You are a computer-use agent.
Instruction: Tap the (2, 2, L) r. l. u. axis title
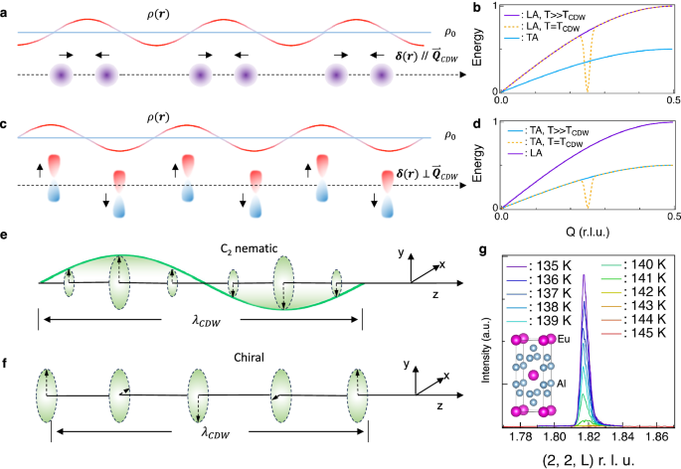(x=579, y=459)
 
